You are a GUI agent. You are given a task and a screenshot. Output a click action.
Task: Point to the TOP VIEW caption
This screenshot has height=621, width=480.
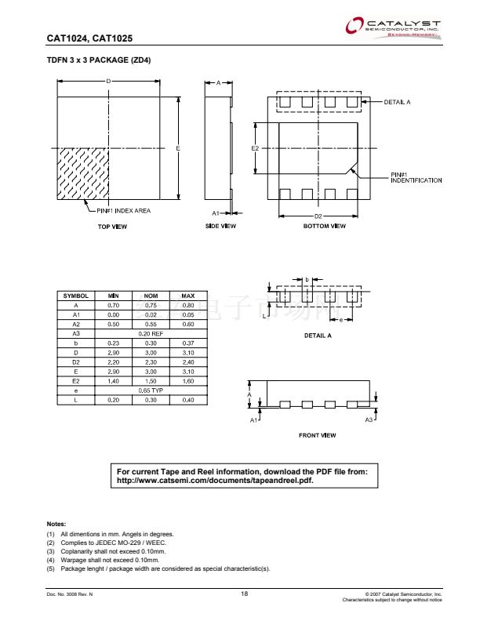pos(112,227)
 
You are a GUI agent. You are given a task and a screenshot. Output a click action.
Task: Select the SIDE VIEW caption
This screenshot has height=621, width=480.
pos(220,227)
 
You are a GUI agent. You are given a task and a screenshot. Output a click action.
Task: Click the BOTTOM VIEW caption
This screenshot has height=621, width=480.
pos(324,227)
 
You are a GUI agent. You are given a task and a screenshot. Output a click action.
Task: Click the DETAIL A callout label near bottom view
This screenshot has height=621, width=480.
pos(398,103)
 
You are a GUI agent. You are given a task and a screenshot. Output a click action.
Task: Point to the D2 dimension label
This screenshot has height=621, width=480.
pos(318,216)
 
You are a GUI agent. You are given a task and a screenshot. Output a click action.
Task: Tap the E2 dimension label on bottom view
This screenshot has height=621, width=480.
pos(256,147)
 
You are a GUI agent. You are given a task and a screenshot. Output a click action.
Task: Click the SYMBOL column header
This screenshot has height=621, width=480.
pos(76,295)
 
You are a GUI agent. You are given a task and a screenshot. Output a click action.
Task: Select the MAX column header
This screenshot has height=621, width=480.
pos(188,295)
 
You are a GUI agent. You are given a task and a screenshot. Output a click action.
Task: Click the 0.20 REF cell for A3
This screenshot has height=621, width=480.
pos(151,333)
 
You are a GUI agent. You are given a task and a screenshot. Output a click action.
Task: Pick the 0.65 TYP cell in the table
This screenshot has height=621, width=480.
pos(151,390)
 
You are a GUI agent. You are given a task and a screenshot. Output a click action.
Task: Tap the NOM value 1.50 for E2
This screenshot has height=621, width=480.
pos(151,381)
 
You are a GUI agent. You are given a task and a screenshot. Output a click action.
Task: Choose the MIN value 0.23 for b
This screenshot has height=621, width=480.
pos(113,343)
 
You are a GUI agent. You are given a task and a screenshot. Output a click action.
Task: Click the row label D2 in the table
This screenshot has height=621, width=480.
pos(76,361)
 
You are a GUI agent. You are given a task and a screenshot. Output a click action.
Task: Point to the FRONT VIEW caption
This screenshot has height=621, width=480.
pos(318,435)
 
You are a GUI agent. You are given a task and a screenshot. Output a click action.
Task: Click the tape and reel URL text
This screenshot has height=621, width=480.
pos(214,480)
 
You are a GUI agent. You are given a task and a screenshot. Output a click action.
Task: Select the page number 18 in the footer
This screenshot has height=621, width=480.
pos(245,594)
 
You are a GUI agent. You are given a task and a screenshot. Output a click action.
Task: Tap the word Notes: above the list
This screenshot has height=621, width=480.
pos(56,524)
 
